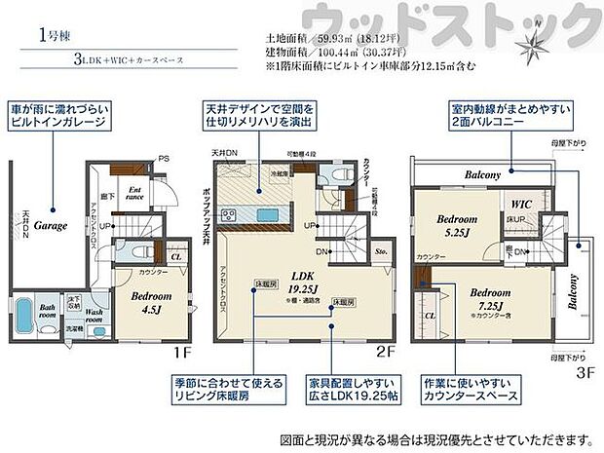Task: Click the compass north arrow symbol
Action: (x=530, y=45)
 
